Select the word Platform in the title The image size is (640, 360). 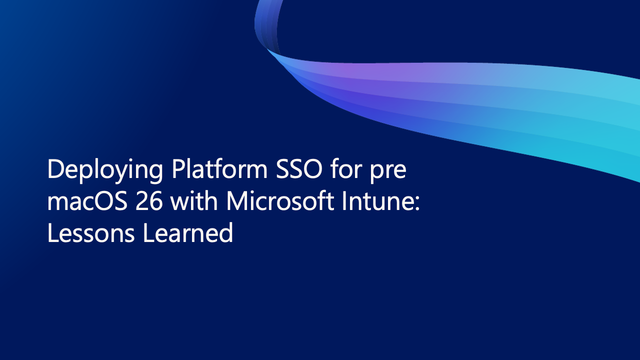(220, 169)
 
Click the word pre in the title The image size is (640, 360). (388, 172)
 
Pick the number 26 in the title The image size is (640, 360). (149, 201)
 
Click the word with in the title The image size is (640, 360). (194, 201)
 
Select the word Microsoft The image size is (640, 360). (280, 201)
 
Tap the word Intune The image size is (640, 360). (376, 201)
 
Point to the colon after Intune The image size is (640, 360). (416, 204)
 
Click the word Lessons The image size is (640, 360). (91, 233)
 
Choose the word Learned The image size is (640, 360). (188, 233)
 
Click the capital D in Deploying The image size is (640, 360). (55, 169)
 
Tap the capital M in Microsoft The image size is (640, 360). (237, 201)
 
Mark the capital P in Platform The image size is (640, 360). (178, 169)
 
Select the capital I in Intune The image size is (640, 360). (344, 201)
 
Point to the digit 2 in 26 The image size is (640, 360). (141, 201)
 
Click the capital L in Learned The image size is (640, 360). (148, 233)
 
